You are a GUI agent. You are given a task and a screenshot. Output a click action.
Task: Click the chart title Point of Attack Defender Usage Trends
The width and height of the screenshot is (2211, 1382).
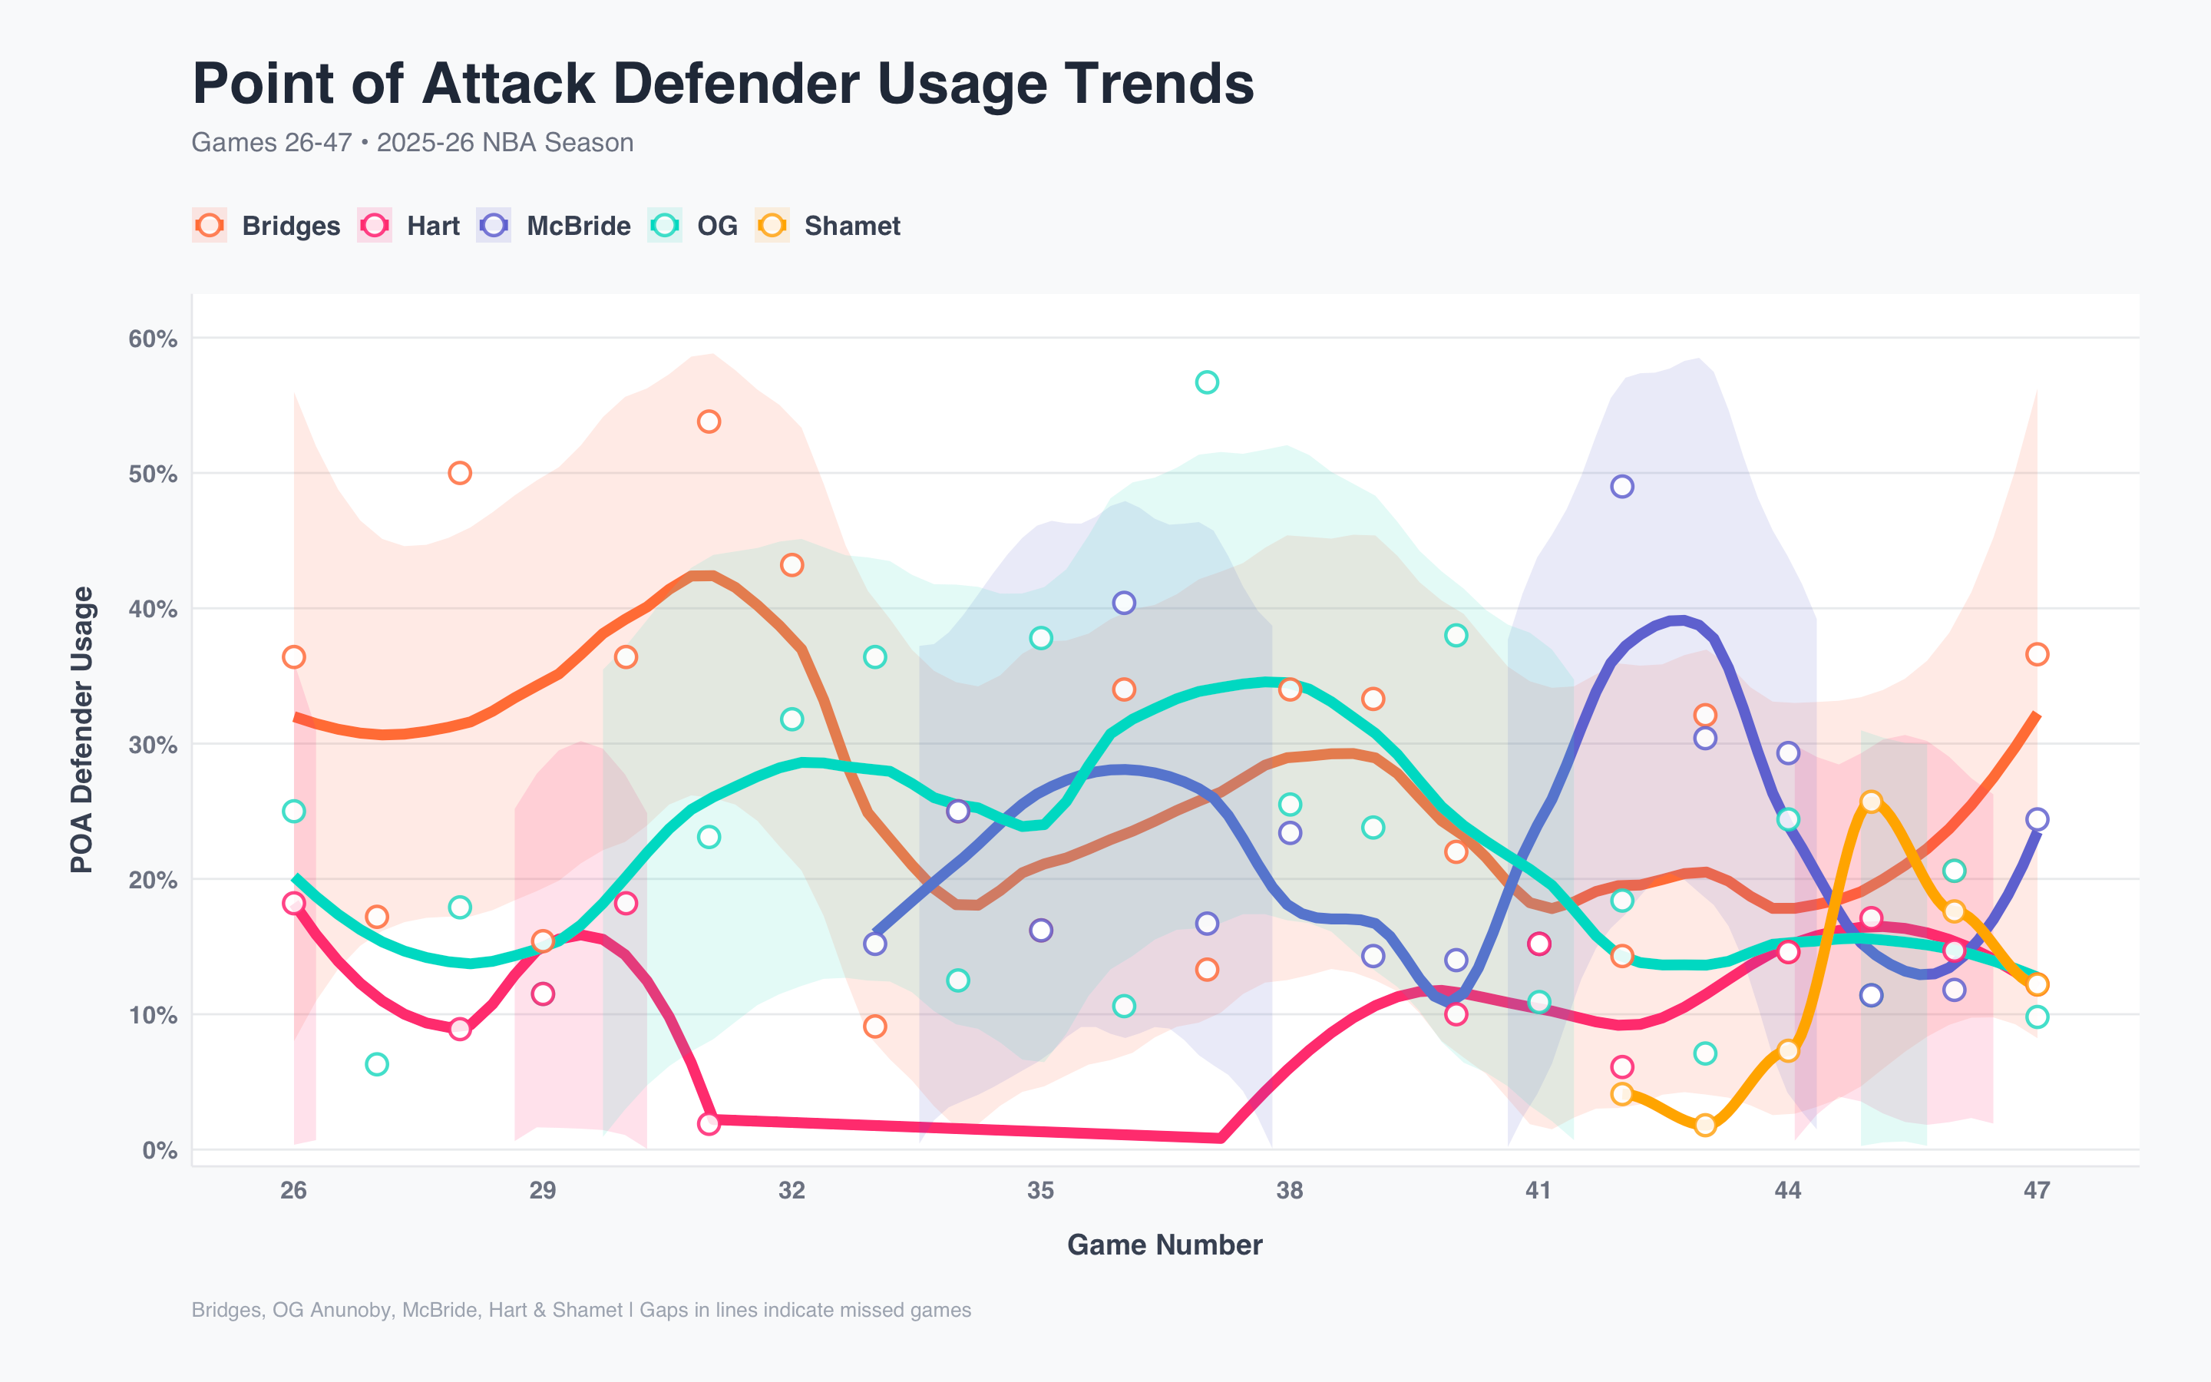[x=722, y=84]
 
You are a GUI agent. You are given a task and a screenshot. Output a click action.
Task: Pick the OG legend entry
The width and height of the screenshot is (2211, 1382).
[x=693, y=226]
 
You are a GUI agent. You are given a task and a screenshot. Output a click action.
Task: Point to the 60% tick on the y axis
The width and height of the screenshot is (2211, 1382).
[x=153, y=339]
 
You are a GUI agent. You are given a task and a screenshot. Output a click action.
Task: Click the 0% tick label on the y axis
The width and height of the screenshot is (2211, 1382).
[x=159, y=1150]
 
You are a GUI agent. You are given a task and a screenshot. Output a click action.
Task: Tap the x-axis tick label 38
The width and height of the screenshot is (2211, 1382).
[x=1289, y=1190]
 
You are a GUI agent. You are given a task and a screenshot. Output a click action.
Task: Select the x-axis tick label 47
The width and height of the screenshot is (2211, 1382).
[x=2037, y=1190]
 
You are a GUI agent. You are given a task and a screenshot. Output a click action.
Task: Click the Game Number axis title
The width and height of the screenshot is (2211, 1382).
[x=1164, y=1245]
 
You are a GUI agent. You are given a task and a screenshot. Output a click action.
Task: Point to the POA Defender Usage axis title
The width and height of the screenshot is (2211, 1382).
[x=82, y=729]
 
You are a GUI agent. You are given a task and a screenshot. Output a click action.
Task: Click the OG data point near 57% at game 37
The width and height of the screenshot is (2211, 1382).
[x=1207, y=382]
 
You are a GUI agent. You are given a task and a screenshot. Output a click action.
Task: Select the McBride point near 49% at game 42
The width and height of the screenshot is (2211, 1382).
[x=1621, y=486]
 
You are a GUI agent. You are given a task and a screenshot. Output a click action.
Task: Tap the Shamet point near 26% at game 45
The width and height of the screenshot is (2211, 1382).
[x=1871, y=802]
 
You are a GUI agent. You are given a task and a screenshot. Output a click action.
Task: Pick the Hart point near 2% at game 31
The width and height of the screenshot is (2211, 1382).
[x=709, y=1123]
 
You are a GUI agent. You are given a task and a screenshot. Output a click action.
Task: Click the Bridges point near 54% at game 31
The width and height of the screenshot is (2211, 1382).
[x=709, y=422]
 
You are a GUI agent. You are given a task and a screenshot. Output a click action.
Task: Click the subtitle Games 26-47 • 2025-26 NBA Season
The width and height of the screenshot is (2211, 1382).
[x=412, y=143]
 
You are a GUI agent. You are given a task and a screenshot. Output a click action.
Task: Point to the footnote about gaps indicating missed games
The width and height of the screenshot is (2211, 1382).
[x=581, y=1310]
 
